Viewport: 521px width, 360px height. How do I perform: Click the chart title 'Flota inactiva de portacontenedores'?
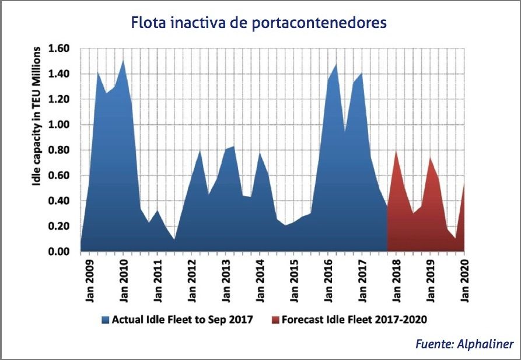pyautogui.click(x=259, y=23)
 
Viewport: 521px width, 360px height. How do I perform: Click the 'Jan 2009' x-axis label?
pyautogui.click(x=89, y=282)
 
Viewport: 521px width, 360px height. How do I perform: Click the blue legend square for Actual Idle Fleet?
pyautogui.click(x=106, y=320)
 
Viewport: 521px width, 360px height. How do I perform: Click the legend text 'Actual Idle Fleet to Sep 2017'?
pyautogui.click(x=182, y=320)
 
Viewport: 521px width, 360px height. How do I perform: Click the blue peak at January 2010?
pyautogui.click(x=123, y=61)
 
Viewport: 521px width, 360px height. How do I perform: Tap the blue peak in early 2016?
pyautogui.click(x=336, y=64)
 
